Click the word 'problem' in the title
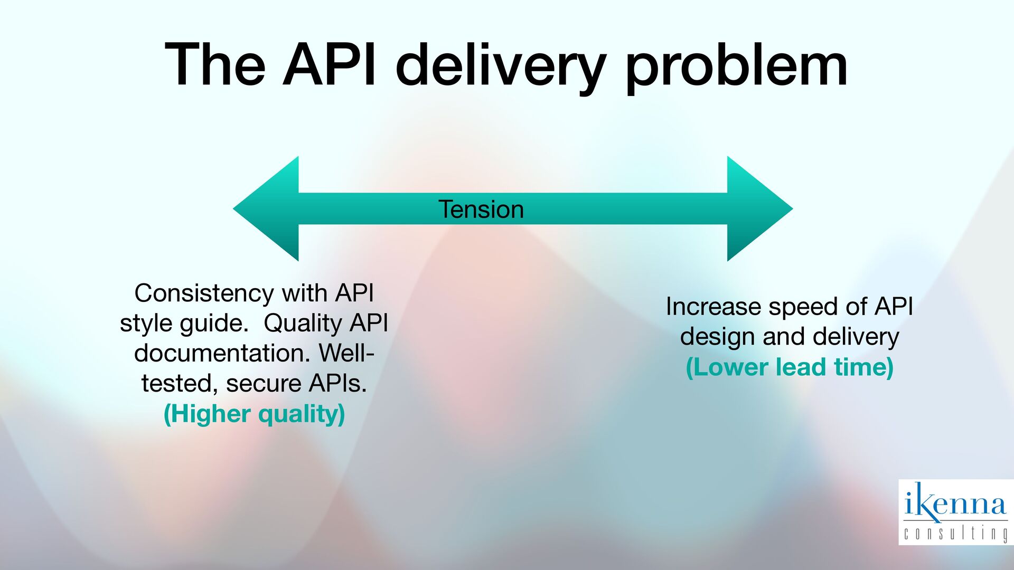click(x=737, y=66)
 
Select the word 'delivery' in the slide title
click(x=500, y=66)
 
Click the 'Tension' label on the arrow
click(x=481, y=210)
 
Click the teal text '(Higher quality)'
click(x=254, y=413)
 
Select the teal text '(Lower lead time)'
click(x=789, y=367)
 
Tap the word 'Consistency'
click(x=203, y=293)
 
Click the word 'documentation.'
click(x=222, y=353)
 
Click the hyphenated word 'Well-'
click(x=346, y=353)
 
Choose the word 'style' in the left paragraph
click(x=146, y=324)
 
